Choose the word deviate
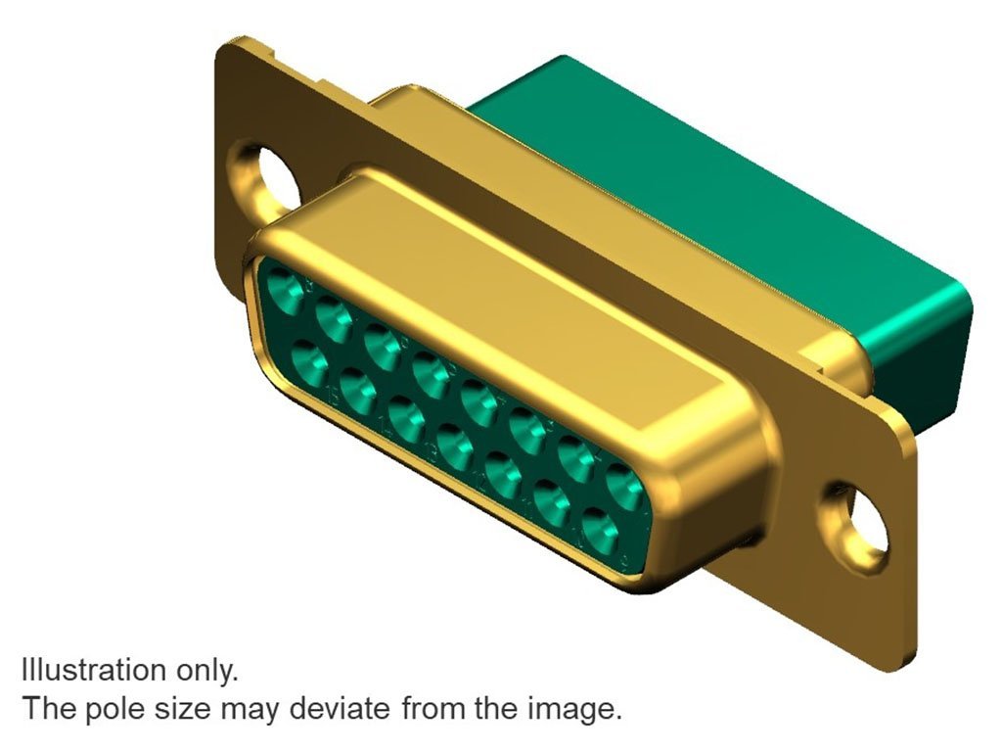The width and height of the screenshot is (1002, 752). click(x=339, y=709)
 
